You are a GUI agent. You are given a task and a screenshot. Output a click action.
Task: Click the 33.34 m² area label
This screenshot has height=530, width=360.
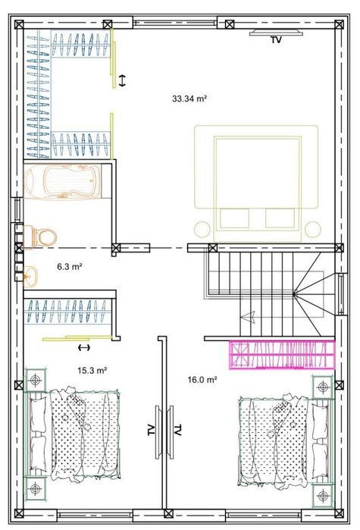(189, 99)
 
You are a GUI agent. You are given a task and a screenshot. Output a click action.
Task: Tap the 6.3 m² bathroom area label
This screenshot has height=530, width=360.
(70, 266)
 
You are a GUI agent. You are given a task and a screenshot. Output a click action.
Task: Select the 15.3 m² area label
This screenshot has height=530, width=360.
(92, 371)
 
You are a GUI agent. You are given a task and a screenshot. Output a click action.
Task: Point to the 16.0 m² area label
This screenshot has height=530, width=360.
(202, 380)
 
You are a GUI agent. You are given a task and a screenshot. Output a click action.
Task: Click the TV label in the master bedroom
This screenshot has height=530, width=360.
(276, 40)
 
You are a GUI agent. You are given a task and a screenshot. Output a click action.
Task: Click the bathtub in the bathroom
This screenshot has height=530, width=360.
(62, 181)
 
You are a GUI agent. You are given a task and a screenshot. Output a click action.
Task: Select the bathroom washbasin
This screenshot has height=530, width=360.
(30, 275)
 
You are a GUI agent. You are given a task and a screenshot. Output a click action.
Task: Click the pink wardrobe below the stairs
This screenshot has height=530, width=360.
(283, 354)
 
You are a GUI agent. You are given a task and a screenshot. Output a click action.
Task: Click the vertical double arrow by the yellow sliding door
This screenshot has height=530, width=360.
(122, 80)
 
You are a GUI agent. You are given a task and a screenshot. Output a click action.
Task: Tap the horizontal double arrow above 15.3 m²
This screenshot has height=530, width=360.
(84, 347)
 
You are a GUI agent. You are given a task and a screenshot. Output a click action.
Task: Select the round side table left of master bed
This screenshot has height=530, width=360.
(202, 229)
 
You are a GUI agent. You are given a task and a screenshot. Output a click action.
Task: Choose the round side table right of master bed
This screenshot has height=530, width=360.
(313, 229)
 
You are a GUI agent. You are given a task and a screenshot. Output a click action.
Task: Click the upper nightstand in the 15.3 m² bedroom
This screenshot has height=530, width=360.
(35, 380)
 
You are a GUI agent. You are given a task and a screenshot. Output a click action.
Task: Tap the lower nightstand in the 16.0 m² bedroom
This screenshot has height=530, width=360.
(323, 496)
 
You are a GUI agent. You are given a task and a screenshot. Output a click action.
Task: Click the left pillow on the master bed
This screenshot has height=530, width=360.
(235, 218)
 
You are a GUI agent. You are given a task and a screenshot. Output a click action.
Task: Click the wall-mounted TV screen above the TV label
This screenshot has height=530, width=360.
(276, 33)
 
